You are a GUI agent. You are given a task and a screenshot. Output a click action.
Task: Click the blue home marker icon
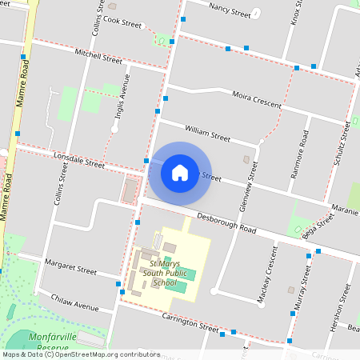click(x=180, y=172)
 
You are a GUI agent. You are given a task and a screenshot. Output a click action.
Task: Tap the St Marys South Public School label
click(x=153, y=272)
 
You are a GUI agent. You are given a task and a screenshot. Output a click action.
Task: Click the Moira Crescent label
click(x=255, y=100)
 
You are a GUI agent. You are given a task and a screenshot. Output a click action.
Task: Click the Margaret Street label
click(x=70, y=266)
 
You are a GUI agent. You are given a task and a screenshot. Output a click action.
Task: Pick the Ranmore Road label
click(x=304, y=161)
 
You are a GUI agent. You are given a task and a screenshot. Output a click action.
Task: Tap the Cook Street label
click(x=122, y=22)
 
